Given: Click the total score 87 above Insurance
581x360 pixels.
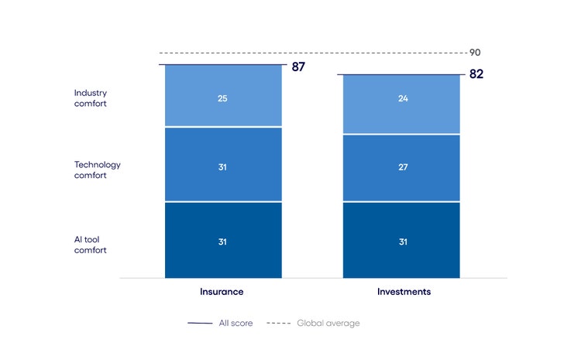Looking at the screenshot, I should [298, 67].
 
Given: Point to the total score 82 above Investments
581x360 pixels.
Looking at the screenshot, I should [476, 75].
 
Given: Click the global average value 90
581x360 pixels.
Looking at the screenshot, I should [475, 53].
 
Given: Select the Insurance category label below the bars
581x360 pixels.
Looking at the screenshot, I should [222, 292].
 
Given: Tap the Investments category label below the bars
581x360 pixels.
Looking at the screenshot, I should [404, 292].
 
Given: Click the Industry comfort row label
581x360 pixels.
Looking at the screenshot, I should [91, 98].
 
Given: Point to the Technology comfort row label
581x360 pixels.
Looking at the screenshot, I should [97, 170].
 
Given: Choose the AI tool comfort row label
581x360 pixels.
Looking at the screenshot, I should [91, 245].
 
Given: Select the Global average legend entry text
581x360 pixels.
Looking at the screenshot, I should [328, 323].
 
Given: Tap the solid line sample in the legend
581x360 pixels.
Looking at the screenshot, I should [200, 323].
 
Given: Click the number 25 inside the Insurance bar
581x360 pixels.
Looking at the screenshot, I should [222, 99].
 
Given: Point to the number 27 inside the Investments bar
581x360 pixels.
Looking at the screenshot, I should [401, 167].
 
